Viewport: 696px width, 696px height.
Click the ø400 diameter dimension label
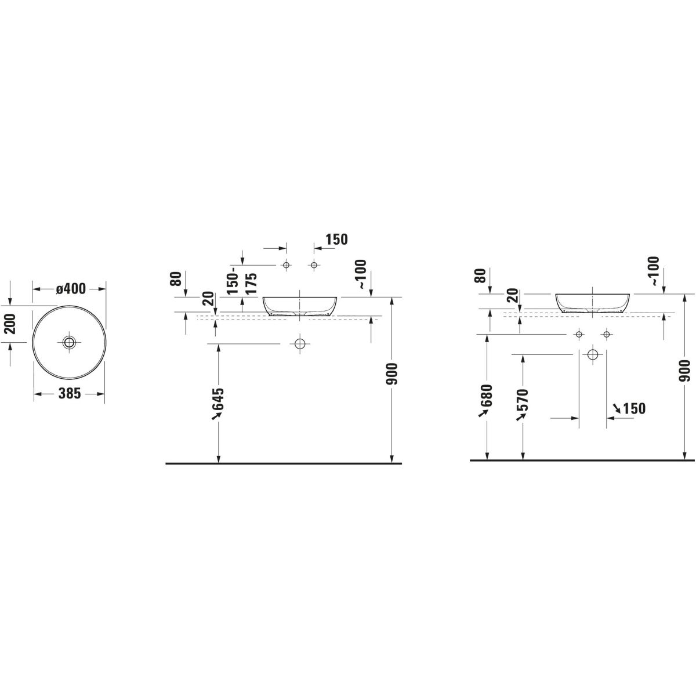(x=70, y=289)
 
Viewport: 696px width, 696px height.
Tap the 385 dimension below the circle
(x=70, y=394)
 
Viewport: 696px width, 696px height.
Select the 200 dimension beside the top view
(x=11, y=324)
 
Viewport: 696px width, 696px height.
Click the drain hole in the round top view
(x=69, y=342)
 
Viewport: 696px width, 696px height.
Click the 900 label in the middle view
(x=393, y=374)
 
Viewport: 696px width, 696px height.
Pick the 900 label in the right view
(x=684, y=371)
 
